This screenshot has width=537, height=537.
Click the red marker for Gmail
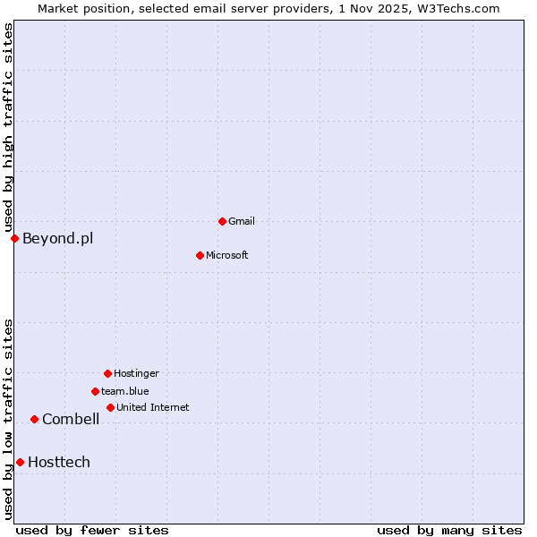pos(222,221)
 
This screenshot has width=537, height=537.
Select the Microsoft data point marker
pos(200,255)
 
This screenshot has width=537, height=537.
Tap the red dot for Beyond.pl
pos(14,238)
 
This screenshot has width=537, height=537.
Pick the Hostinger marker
pos(107,373)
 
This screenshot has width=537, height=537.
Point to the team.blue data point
pos(95,391)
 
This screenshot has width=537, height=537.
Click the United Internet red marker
pos(110,407)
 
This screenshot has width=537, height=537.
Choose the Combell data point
pos(34,419)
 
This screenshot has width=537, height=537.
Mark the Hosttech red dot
pos(20,462)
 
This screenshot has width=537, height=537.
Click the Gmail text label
pos(242,221)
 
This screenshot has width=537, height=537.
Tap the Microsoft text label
pos(226,255)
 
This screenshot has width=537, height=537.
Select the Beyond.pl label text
pos(57,238)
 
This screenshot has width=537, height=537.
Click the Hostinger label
pos(136,373)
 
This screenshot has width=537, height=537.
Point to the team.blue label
pos(125,391)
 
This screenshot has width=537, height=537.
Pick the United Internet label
pos(152,407)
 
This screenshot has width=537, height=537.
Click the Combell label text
pos(71,419)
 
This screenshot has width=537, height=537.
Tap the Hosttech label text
pos(59,462)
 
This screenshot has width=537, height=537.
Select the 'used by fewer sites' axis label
pos(92,530)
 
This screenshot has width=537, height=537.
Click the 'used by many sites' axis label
pos(449,530)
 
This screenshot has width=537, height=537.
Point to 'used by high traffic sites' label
pos(8,127)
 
